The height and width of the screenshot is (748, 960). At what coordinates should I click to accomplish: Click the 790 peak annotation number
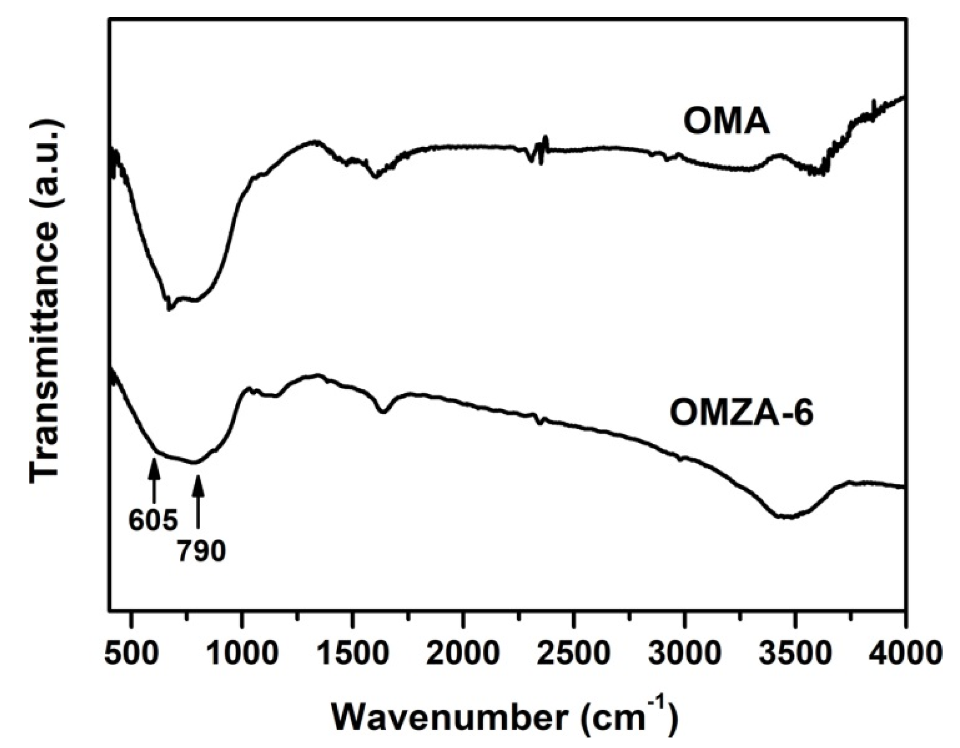[202, 552]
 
